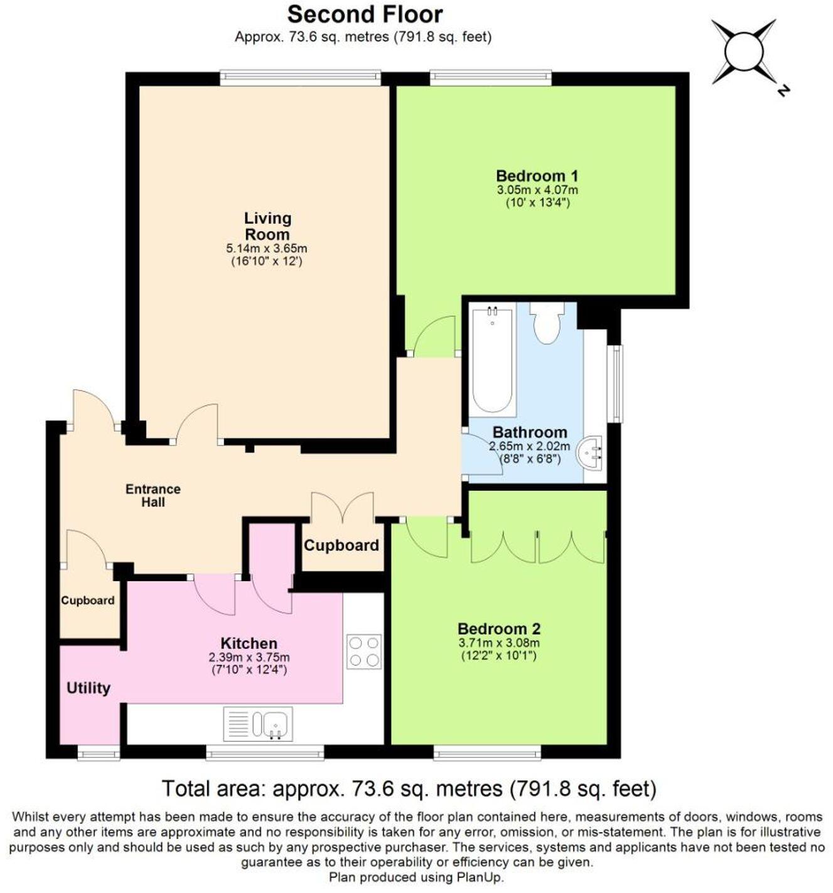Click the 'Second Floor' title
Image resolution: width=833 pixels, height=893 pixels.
coord(365,14)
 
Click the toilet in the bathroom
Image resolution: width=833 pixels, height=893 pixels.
coord(547,323)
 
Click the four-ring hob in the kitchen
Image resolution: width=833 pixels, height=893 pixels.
coord(364,651)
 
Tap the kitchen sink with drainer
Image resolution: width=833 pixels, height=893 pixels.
coord(258,724)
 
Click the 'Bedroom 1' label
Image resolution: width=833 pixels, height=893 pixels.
coord(537,176)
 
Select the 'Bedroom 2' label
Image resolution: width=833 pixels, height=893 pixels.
coord(499,629)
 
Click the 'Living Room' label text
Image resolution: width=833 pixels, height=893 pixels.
coord(267,226)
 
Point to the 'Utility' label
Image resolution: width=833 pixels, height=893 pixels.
coord(89,688)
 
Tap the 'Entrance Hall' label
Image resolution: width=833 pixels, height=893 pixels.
coord(153,495)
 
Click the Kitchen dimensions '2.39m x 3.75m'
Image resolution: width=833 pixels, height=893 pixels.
coord(249,657)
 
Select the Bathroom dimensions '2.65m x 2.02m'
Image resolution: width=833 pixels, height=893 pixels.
coord(530,446)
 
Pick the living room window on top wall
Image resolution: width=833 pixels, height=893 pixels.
coord(300,77)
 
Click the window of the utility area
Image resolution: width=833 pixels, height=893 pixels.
coord(99,752)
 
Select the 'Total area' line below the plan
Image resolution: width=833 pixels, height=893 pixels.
coord(409,788)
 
